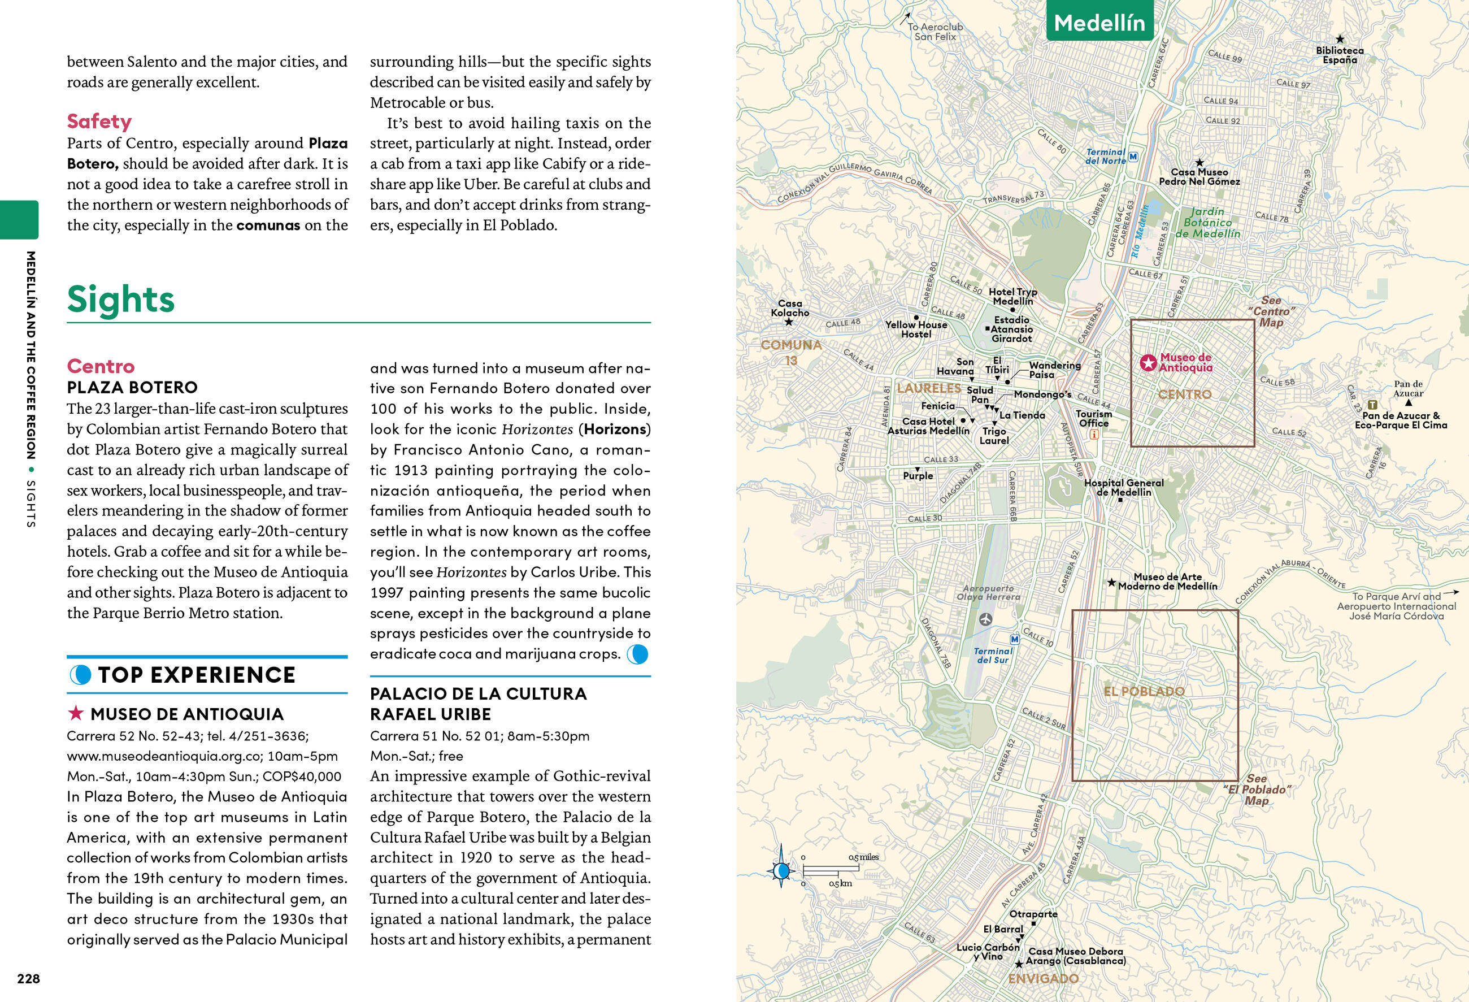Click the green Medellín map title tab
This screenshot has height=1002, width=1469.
pyautogui.click(x=1099, y=23)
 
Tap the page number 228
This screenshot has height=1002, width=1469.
pyautogui.click(x=28, y=979)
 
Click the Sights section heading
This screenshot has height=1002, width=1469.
pyautogui.click(x=121, y=299)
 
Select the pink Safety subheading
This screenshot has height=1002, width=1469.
pyautogui.click(x=99, y=121)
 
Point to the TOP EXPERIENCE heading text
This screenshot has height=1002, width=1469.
pyautogui.click(x=197, y=675)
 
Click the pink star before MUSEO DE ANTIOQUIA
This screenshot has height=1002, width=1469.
pyautogui.click(x=76, y=714)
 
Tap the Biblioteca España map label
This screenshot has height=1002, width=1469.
pyautogui.click(x=1340, y=55)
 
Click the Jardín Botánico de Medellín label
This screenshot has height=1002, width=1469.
pyautogui.click(x=1207, y=223)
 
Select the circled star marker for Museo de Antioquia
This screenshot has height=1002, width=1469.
pyautogui.click(x=1148, y=363)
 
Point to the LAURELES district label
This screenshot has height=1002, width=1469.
pyautogui.click(x=928, y=388)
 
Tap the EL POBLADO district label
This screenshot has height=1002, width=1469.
pyautogui.click(x=1144, y=691)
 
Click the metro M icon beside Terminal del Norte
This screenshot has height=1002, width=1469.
pyautogui.click(x=1133, y=156)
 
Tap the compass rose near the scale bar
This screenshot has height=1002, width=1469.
pyautogui.click(x=781, y=870)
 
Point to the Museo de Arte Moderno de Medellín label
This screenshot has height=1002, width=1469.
pyautogui.click(x=1167, y=581)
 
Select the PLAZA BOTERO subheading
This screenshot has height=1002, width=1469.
pyautogui.click(x=132, y=387)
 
